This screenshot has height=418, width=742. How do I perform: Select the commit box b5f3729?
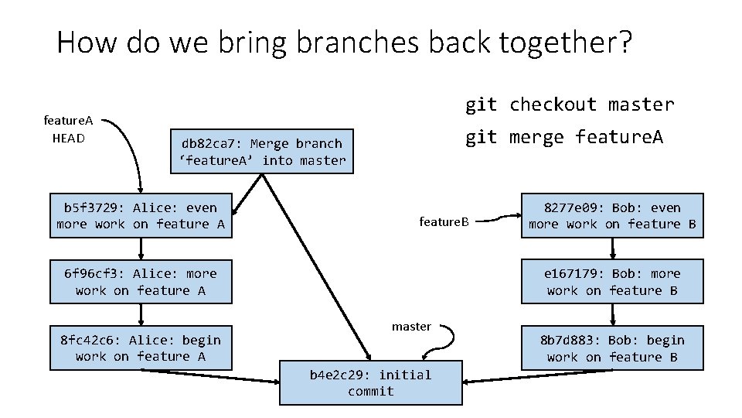tap(141, 215)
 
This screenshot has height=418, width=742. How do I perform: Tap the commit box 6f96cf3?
tap(141, 282)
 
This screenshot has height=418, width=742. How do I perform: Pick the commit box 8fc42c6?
tap(141, 348)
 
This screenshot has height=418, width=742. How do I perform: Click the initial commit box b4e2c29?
tap(370, 382)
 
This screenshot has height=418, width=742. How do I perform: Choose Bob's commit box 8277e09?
tap(612, 215)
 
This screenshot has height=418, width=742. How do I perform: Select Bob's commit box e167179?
tap(612, 282)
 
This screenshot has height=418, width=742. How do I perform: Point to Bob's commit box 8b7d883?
tap(612, 348)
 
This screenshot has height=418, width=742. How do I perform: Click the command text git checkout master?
tap(569, 104)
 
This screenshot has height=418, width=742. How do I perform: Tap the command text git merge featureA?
tap(563, 137)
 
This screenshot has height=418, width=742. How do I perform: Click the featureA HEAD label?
tap(68, 129)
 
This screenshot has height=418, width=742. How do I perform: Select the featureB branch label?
tap(444, 222)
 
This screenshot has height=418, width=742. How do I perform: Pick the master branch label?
tap(411, 326)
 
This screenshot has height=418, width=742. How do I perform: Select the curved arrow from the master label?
tap(451, 337)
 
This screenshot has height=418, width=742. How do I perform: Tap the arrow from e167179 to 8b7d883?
tap(612, 313)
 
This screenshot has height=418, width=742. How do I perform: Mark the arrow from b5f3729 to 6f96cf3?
tap(141, 248)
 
